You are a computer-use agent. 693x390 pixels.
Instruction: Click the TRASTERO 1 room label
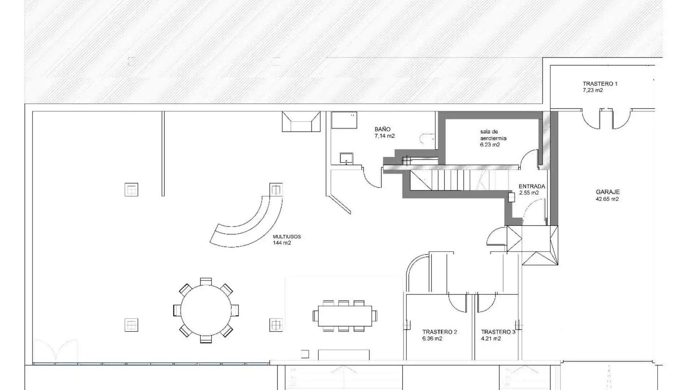tap(600, 84)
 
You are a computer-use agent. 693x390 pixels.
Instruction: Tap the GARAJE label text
tap(608, 192)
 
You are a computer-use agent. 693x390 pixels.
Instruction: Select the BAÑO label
tap(383, 129)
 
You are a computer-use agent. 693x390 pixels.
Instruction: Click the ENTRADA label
tap(532, 186)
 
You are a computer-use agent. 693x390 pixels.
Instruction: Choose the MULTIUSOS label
tap(287, 237)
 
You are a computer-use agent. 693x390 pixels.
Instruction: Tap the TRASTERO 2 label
tap(440, 332)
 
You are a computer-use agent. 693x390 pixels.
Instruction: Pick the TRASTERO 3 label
tap(498, 332)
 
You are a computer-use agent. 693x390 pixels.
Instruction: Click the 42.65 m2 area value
tap(607, 199)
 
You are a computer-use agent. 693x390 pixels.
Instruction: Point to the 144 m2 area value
tap(282, 243)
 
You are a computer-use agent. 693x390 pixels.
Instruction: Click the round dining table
tap(206, 310)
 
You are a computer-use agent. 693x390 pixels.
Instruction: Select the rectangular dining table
tap(345, 316)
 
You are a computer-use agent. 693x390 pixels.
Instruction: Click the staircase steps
tap(458, 180)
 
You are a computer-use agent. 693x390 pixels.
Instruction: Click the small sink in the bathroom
tap(346, 158)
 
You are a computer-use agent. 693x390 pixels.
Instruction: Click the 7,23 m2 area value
tap(593, 91)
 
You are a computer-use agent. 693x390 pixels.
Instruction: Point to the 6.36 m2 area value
tap(432, 339)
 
